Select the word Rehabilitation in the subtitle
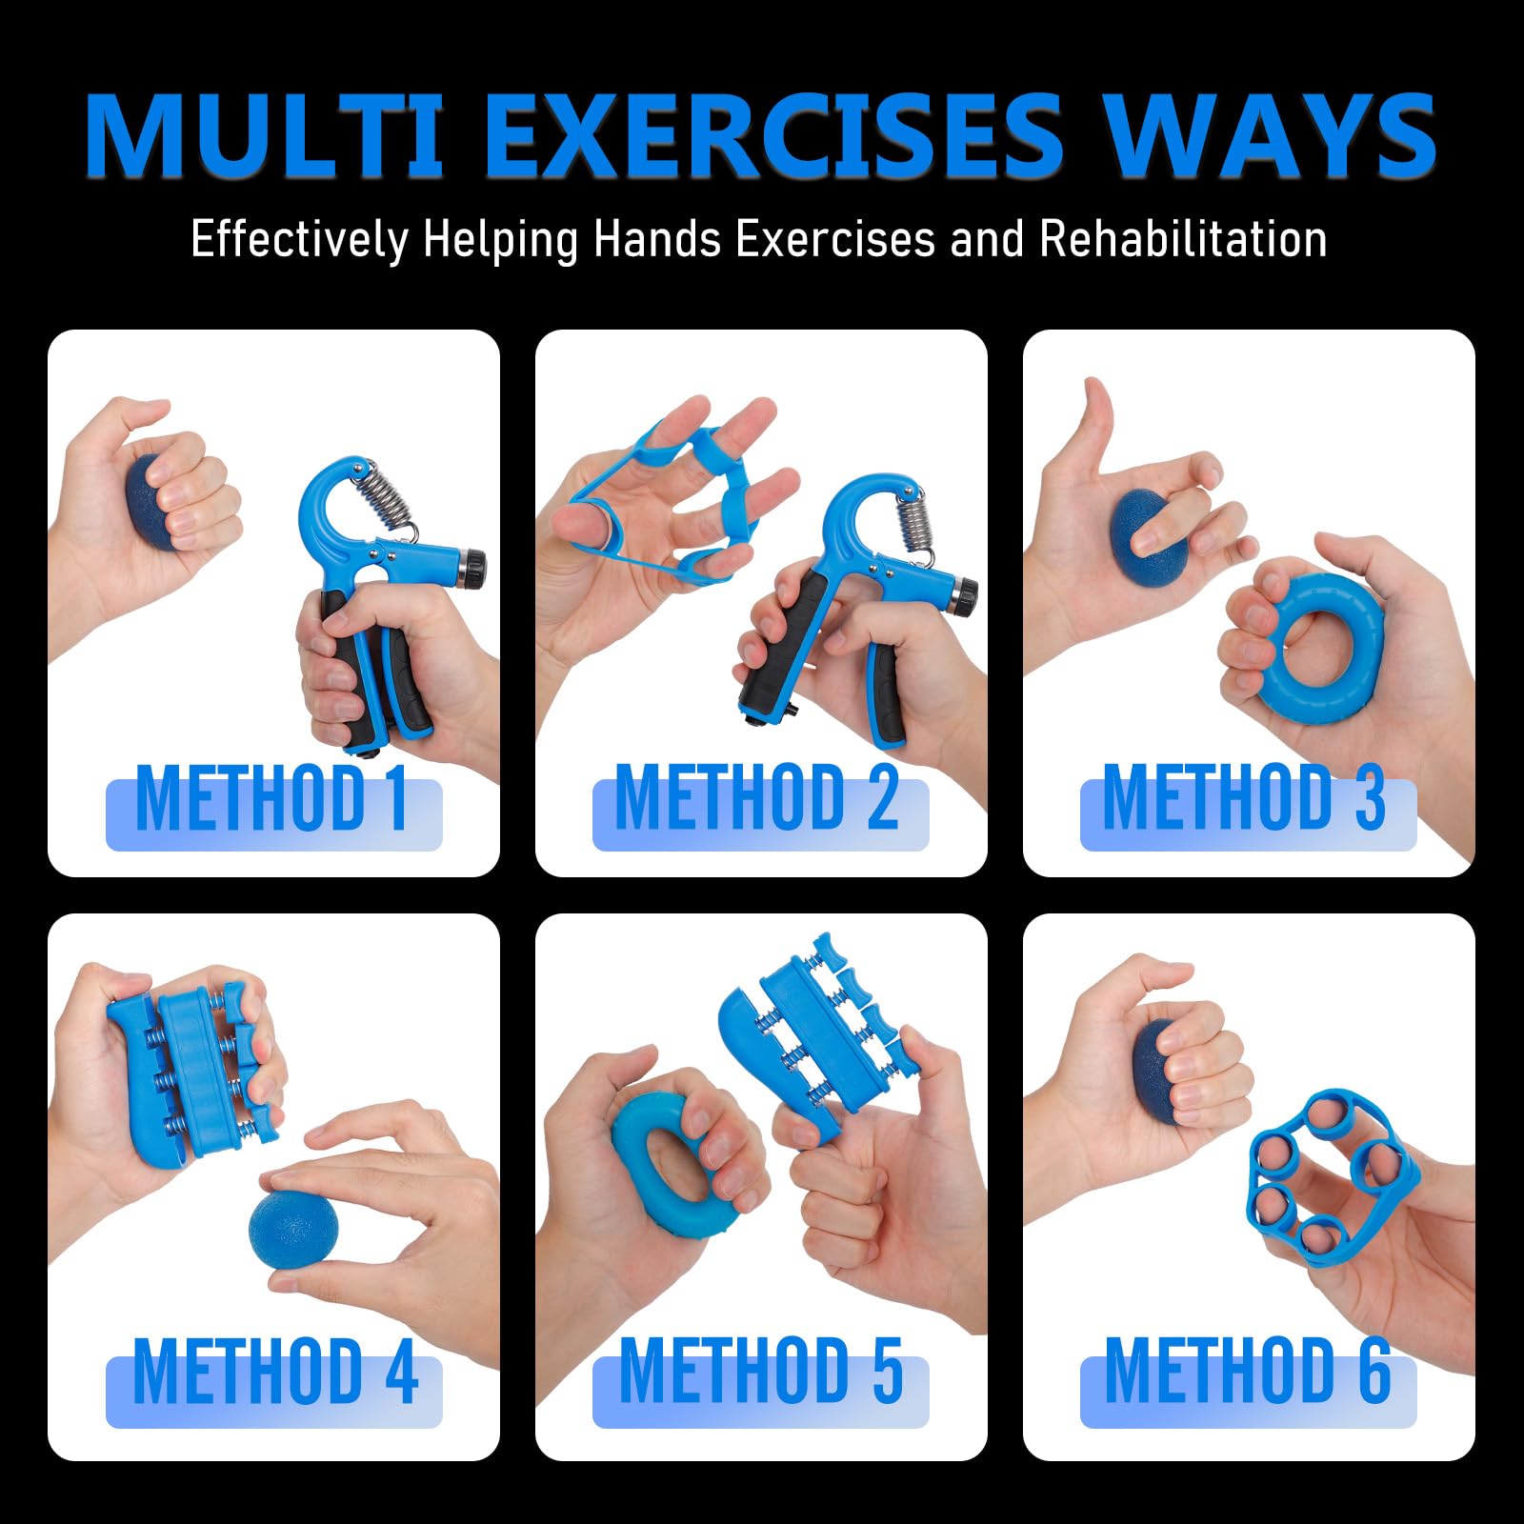[x=1184, y=238]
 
